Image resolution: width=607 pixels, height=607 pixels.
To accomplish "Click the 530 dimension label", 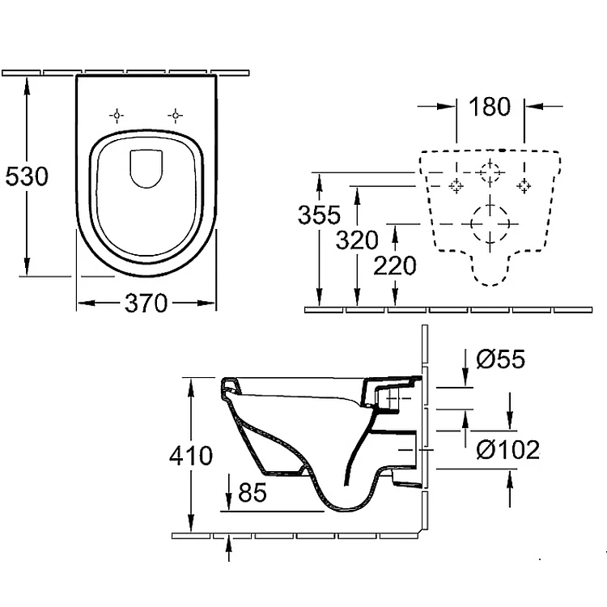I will point(27,176).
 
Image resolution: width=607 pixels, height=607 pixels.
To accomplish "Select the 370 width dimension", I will point(146,303).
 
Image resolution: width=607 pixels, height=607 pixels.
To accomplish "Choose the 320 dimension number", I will point(356,240).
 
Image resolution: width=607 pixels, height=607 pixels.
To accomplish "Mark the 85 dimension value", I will point(253,494).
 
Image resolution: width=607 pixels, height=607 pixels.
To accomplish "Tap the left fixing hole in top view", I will point(118,116).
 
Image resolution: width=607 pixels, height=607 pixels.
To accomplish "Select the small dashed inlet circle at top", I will point(489,172).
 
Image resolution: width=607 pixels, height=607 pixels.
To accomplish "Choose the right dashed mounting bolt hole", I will point(524,185).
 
